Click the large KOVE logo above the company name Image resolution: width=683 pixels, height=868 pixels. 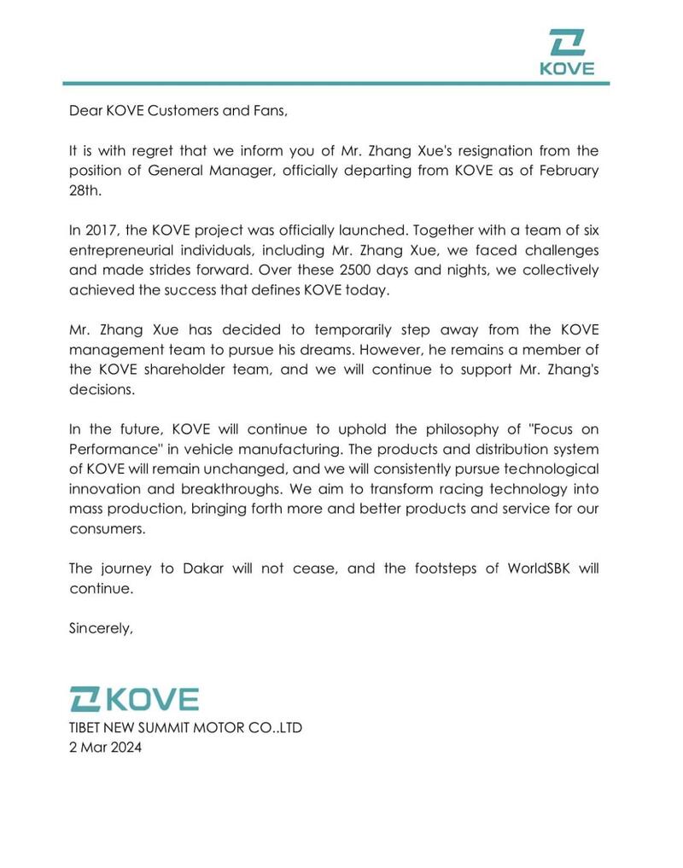134,699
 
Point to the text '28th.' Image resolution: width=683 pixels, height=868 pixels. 85,189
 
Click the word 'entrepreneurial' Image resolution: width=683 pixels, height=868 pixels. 117,249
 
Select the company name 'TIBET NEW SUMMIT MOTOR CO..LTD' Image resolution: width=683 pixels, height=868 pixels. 185,728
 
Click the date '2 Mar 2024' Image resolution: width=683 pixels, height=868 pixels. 105,748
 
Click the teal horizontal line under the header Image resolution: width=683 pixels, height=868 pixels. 336,84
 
